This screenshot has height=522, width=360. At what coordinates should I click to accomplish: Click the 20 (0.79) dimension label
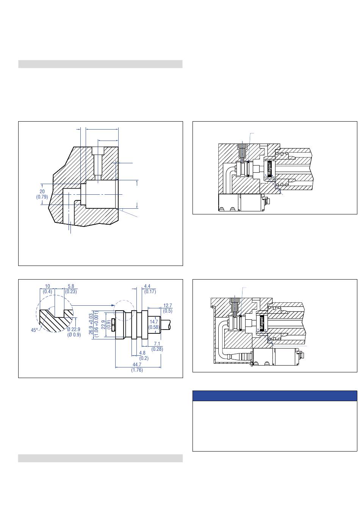[x=42, y=194]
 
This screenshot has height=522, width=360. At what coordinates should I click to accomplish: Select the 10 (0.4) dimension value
[x=47, y=289]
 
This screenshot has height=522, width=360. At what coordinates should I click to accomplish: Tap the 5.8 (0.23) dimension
[x=71, y=289]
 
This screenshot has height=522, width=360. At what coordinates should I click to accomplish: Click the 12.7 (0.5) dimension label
[x=167, y=308]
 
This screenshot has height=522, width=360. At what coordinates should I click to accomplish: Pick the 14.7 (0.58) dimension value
[x=153, y=324]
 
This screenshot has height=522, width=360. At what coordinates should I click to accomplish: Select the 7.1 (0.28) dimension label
[x=157, y=346]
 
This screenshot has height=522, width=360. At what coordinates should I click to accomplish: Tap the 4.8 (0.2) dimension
[x=143, y=355]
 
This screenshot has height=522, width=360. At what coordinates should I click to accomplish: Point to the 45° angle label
[x=34, y=330]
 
